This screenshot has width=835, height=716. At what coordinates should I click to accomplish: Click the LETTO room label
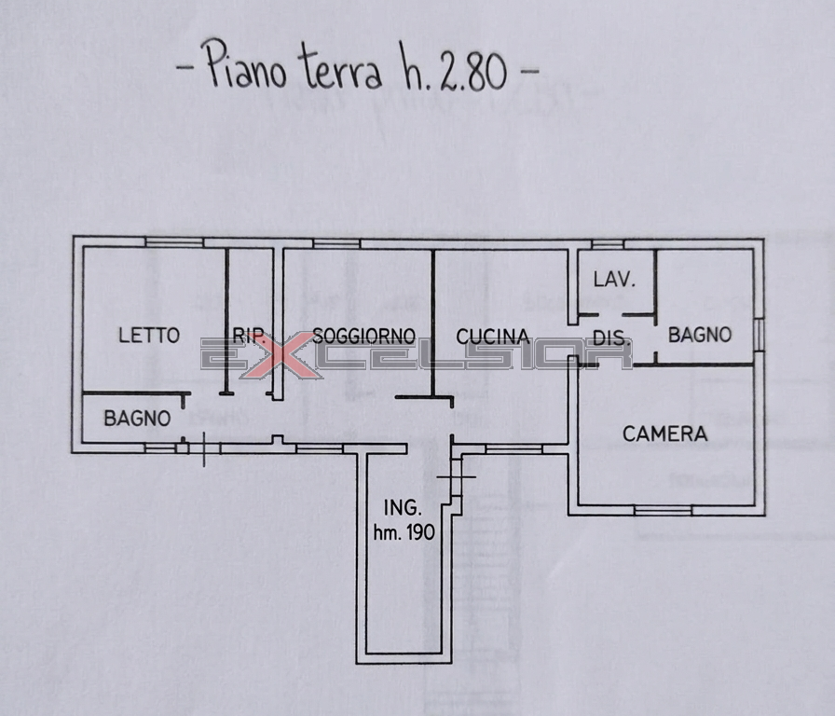[148, 335]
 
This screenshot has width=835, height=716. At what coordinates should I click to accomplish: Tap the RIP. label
[249, 336]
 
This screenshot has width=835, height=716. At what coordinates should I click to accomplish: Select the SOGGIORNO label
[363, 336]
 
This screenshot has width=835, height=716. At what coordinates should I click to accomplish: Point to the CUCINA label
[493, 337]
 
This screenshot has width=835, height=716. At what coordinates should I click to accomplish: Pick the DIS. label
[612, 338]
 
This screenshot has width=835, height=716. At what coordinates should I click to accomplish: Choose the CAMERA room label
[665, 434]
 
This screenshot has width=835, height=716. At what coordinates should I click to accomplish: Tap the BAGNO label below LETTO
[137, 419]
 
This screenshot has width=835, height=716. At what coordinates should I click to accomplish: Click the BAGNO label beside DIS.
[700, 335]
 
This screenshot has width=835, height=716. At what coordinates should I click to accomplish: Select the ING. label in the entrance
[404, 508]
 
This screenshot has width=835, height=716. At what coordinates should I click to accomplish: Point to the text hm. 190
[404, 532]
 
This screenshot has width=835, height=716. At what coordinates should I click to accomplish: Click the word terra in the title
[340, 68]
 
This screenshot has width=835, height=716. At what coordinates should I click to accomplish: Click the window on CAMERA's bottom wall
[663, 510]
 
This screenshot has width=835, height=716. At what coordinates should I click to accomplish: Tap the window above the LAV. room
[608, 244]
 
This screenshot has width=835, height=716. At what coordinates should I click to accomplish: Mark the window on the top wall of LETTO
[174, 241]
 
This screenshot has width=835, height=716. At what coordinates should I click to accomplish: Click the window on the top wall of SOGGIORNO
[336, 243]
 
